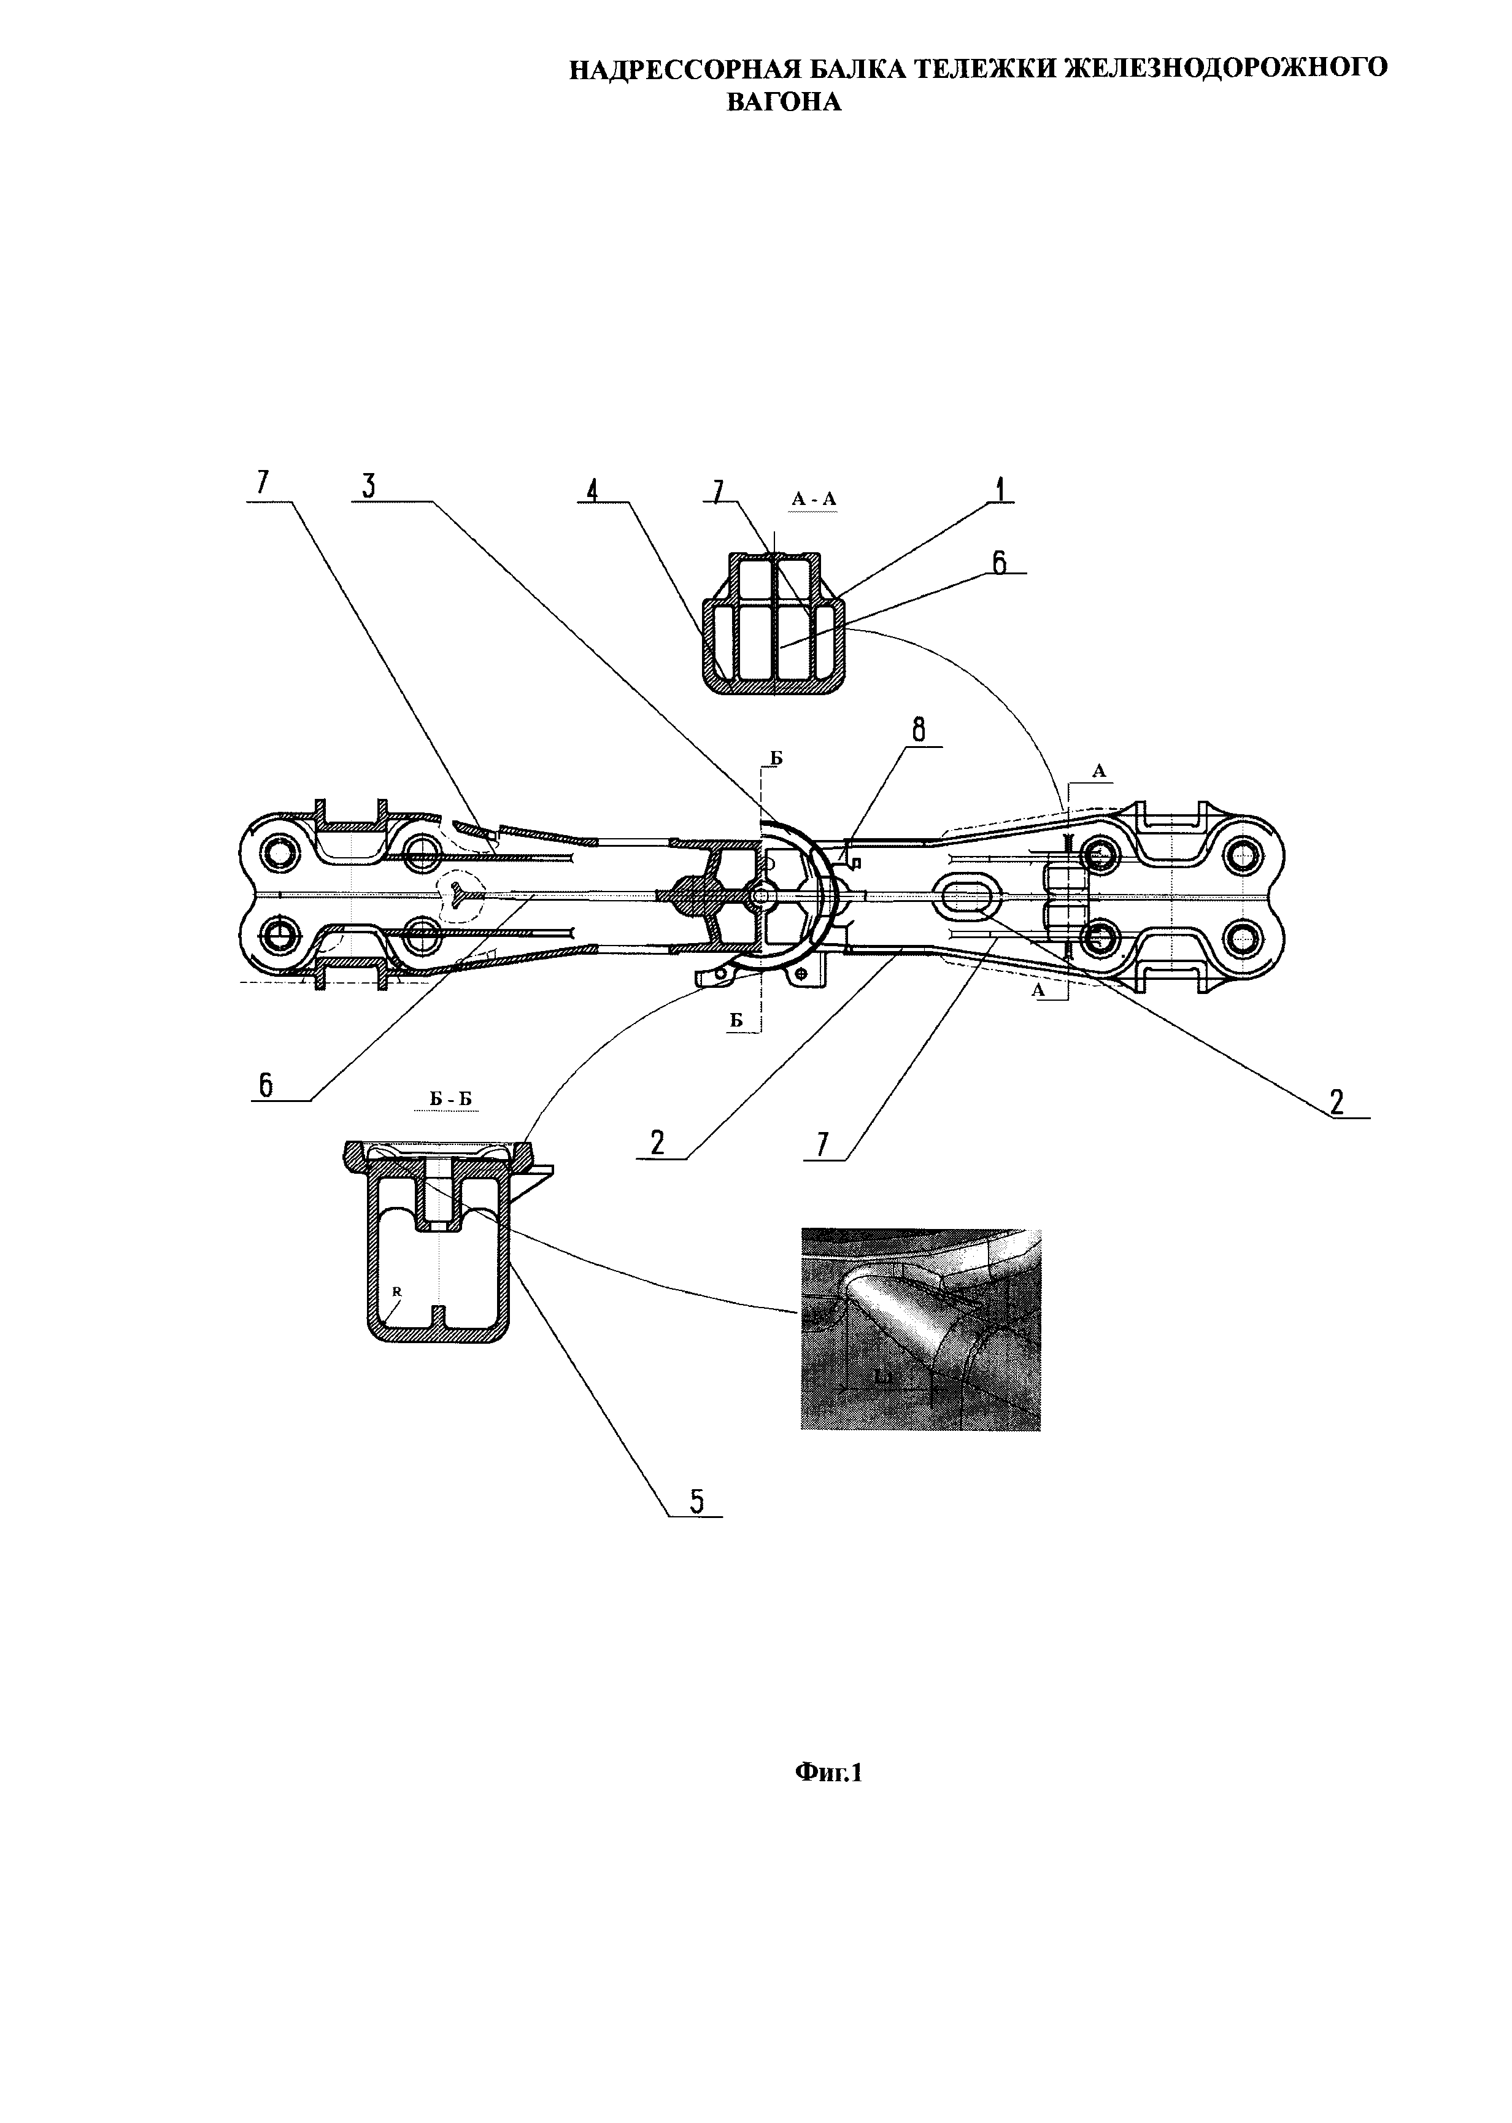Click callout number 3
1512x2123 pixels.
click(369, 487)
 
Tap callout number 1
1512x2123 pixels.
click(1000, 488)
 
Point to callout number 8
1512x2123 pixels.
click(919, 731)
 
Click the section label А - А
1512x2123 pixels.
click(814, 500)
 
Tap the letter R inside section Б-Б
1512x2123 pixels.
click(396, 1292)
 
